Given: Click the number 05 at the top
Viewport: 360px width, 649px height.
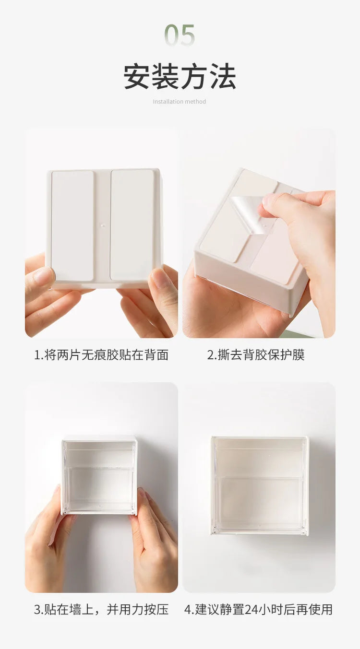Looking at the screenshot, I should tap(180, 36).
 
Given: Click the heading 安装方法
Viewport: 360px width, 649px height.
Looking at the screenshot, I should tap(180, 77).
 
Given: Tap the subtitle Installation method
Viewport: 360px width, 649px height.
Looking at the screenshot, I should tap(180, 102).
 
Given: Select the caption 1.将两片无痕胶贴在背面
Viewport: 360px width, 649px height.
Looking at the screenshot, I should tap(101, 355).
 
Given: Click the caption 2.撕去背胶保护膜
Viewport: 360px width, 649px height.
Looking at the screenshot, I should tap(256, 355).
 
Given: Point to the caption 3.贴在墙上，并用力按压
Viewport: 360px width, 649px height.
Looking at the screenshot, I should tap(101, 609).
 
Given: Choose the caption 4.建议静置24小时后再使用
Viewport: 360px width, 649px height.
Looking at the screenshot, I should tap(258, 609).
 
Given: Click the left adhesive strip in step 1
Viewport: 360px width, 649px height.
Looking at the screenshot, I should tap(72, 225).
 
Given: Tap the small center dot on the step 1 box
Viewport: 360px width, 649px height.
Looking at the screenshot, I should tap(103, 224).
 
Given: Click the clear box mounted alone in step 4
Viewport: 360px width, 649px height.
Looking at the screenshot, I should tap(260, 485).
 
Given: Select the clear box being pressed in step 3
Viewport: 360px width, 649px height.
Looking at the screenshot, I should tap(99, 475).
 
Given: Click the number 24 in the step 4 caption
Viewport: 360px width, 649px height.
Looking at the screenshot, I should tap(252, 609).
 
